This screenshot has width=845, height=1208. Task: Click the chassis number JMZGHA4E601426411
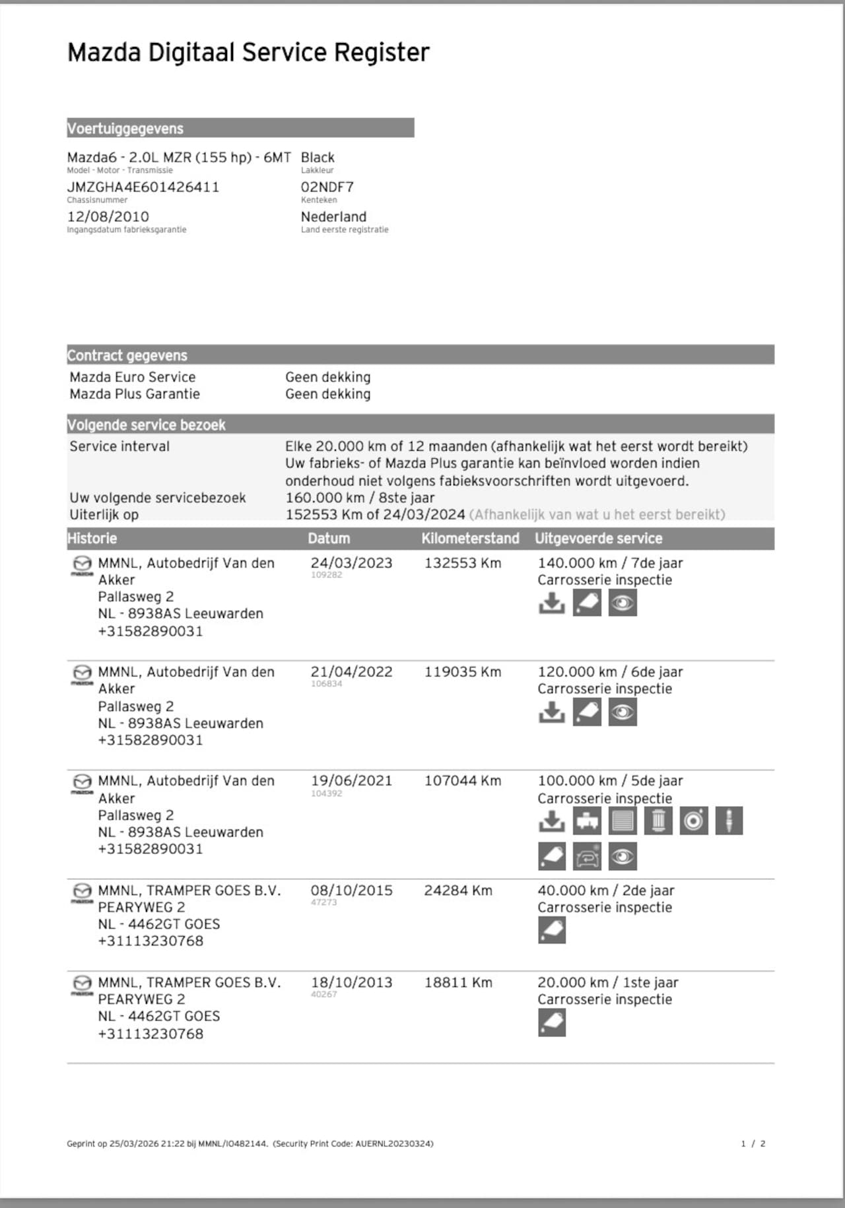coord(143,187)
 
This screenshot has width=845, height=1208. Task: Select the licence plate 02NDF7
coord(327,187)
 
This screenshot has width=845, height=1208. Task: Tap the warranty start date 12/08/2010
coord(108,217)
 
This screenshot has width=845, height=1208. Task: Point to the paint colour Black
coord(318,157)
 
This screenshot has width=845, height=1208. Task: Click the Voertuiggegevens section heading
coord(125,128)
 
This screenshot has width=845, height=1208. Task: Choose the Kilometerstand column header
coord(470,538)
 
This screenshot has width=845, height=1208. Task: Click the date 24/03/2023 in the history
coord(351,563)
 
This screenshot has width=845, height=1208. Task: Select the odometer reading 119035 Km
coord(462,672)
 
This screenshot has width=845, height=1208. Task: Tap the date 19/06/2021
coord(351,781)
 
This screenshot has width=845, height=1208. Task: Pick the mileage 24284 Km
coord(457,890)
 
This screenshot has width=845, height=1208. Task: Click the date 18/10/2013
coord(351,982)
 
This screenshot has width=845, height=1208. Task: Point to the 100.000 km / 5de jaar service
coord(610,781)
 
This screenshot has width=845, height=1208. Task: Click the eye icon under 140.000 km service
coord(623,603)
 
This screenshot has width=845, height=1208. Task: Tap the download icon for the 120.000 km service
coord(551,712)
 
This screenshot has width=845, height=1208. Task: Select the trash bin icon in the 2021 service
coord(658,821)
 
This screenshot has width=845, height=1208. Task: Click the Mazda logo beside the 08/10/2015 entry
coord(82,892)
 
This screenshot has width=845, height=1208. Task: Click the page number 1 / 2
coord(753,1143)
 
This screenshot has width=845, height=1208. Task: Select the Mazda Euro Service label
coord(133,377)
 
